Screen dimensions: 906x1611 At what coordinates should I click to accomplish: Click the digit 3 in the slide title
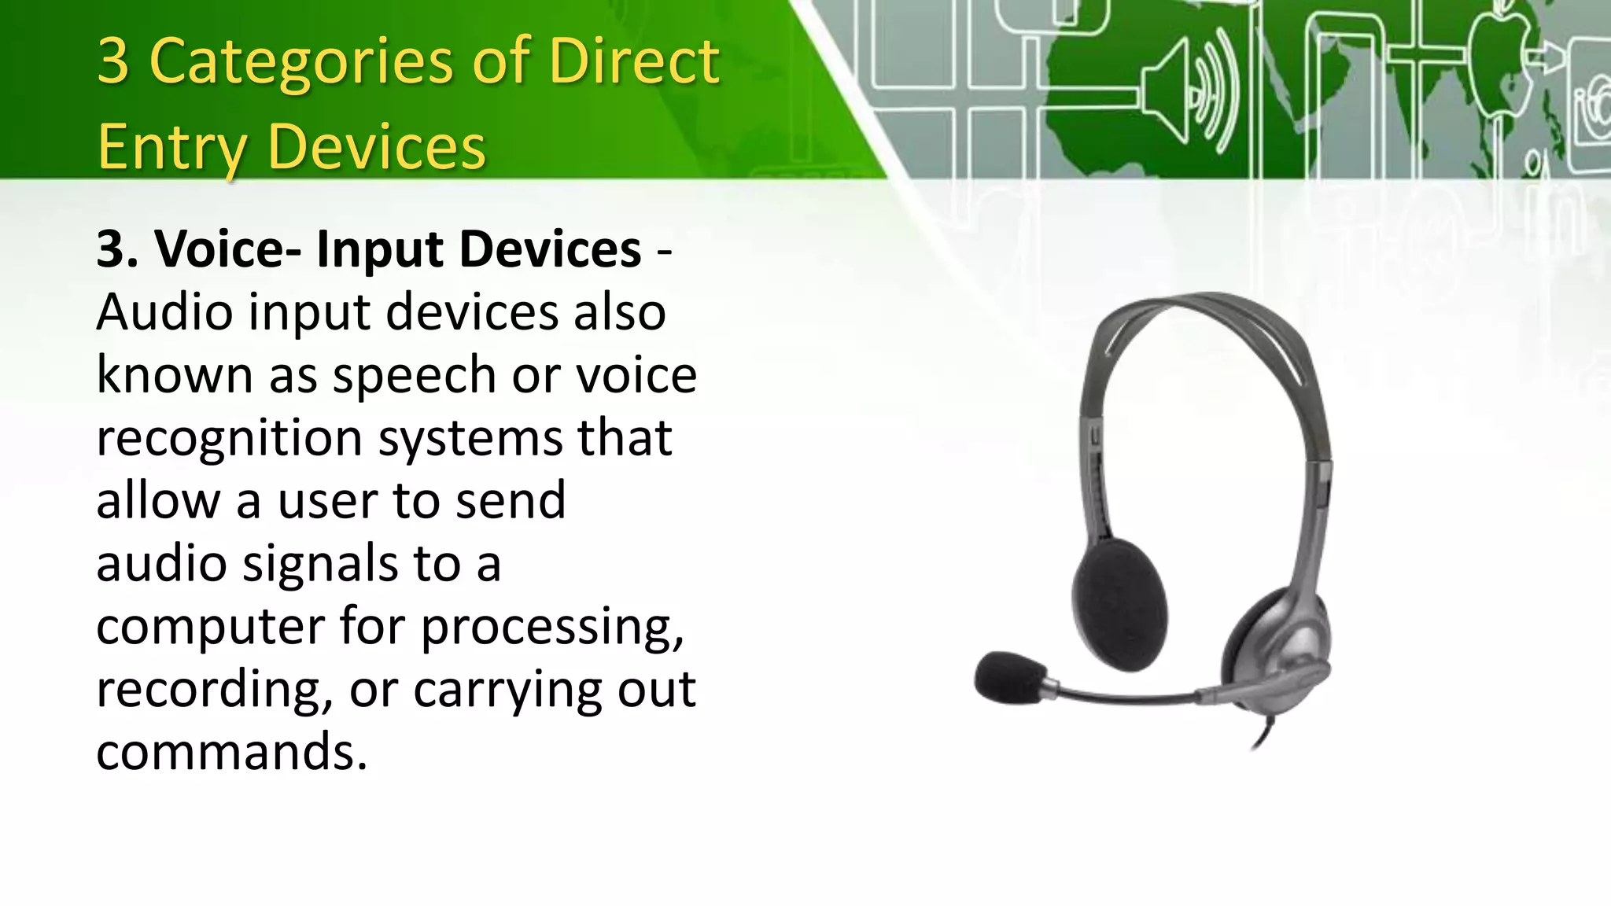pos(113,61)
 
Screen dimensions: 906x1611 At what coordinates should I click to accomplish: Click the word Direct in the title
pos(634,61)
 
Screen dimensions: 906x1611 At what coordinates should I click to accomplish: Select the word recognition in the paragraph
pos(229,438)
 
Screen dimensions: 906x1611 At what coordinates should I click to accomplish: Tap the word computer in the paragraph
pos(210,627)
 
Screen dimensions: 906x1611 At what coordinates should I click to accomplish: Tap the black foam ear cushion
pos(1119,603)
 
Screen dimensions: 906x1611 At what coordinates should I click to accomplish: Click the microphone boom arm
pos(1133,695)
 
